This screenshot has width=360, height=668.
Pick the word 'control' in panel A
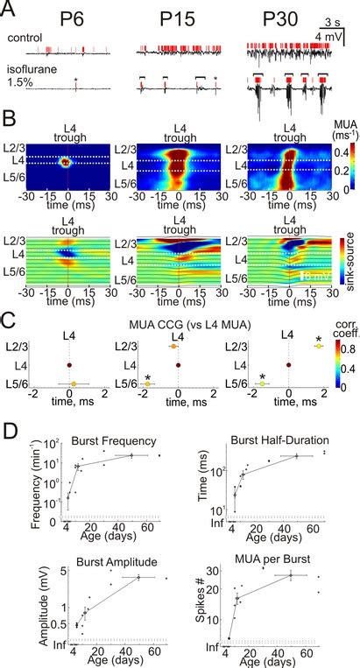[24, 39]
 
